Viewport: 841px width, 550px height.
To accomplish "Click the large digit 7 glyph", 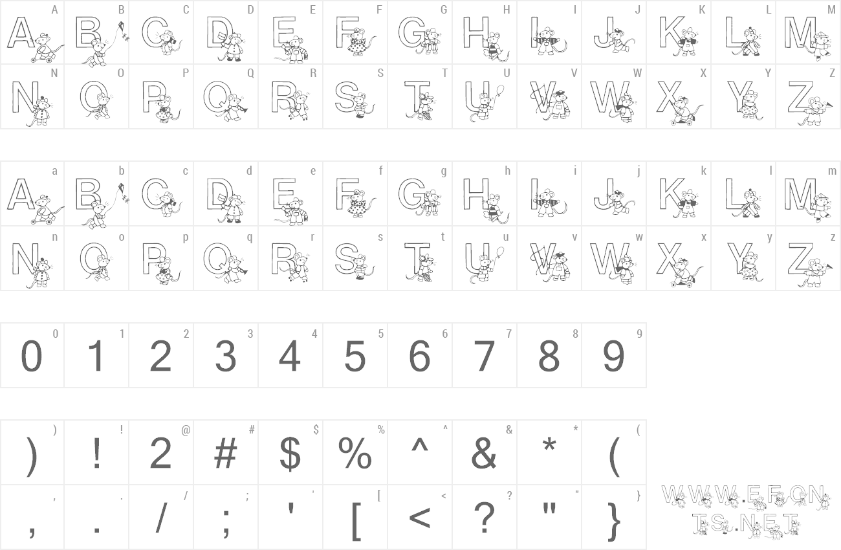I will (x=484, y=356).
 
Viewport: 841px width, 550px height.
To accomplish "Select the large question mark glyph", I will (x=484, y=517).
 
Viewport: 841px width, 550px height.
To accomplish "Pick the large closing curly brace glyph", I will (x=615, y=520).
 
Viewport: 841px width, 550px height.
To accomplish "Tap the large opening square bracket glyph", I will (x=356, y=520).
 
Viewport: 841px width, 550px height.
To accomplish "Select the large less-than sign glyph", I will (x=420, y=518).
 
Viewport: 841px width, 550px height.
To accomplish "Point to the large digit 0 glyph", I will (x=32, y=356).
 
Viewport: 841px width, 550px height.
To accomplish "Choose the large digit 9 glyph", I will (x=613, y=356).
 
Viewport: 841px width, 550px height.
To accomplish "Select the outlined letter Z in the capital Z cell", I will (x=800, y=96).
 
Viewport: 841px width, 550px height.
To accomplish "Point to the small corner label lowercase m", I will (x=832, y=171).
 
